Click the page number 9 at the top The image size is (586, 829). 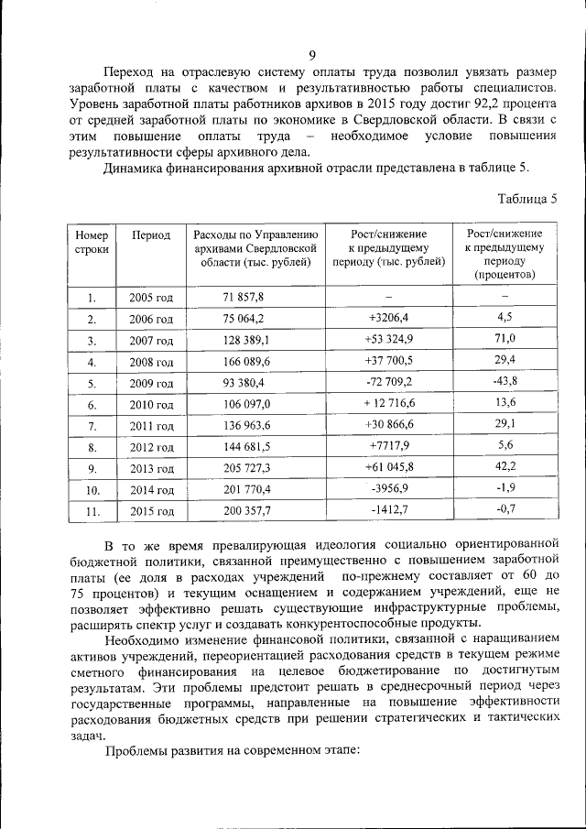click(x=312, y=55)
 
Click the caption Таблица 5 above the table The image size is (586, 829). click(x=526, y=198)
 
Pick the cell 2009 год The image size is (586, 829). click(x=150, y=382)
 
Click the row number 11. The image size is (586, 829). click(x=92, y=511)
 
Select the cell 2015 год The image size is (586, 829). click(x=150, y=511)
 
